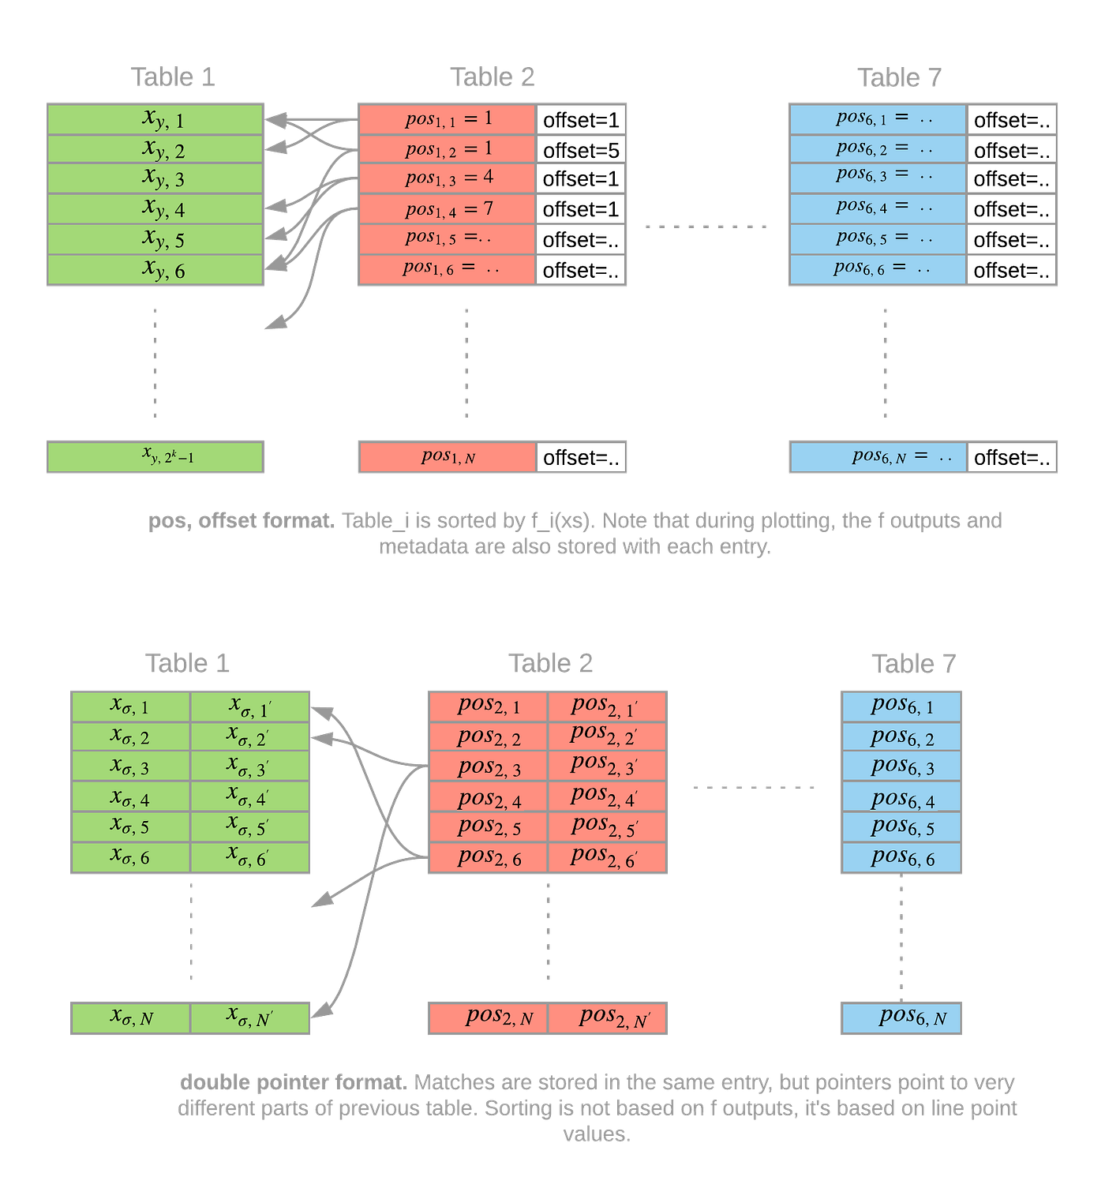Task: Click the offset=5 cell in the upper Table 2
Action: coord(581,150)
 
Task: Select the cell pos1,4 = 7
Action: coord(448,209)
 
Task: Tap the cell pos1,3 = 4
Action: coord(448,178)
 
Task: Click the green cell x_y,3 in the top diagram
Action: coord(155,178)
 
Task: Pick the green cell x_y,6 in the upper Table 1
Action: coord(155,270)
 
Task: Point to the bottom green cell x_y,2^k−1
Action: coord(155,457)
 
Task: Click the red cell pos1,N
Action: coord(448,457)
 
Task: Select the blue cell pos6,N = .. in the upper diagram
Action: coord(878,457)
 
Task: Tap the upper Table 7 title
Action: coord(899,77)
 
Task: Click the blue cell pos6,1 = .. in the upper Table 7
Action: coord(878,119)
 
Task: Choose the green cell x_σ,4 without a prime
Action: coord(130,797)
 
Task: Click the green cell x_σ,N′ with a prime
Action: coord(250,1017)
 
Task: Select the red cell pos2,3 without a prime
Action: coord(488,766)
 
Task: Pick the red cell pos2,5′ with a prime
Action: coord(607,827)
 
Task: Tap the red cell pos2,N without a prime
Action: coord(488,1017)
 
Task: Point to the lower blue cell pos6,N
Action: coord(901,1017)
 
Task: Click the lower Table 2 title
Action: coord(549,663)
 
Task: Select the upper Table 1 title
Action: coord(172,77)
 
